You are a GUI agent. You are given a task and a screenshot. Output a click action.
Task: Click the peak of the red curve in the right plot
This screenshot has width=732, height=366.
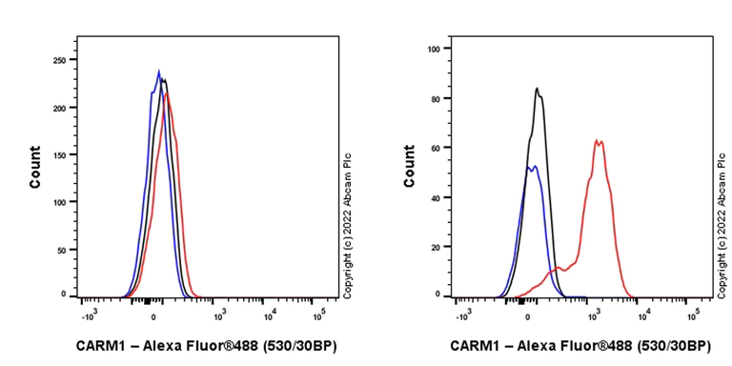pos(597,141)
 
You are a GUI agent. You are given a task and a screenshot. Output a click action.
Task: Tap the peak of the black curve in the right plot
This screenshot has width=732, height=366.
pos(538,89)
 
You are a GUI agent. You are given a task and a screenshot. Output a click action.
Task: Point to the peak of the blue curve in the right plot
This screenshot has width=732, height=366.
pos(535,166)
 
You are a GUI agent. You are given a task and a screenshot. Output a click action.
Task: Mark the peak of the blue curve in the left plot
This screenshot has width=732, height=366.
pos(159,71)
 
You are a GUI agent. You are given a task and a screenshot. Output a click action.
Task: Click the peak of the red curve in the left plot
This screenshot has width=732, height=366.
pos(167,93)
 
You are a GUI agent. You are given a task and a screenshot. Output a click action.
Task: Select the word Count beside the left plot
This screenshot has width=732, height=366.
pos(35,167)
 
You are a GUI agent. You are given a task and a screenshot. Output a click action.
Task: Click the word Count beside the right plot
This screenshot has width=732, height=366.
pos(409,167)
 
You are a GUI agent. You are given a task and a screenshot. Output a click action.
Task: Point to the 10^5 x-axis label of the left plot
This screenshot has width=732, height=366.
pos(318,312)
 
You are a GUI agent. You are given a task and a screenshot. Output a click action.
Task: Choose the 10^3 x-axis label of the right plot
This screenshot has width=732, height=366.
pos(592,312)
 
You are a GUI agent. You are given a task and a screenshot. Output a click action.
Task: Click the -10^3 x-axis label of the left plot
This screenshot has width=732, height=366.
pos(89,312)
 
